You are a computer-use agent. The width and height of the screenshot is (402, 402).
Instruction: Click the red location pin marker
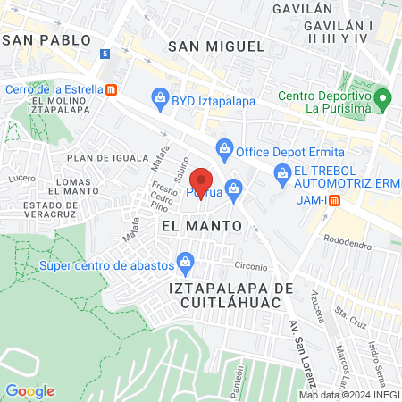201,181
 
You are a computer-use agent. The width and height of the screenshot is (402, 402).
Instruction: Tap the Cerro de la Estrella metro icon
111,89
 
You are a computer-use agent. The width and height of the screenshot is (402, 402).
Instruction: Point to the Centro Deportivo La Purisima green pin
383,96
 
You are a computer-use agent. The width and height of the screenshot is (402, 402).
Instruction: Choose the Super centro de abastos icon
185,261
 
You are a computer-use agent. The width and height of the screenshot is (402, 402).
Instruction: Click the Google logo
29,390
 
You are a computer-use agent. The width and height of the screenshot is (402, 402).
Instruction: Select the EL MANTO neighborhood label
202,226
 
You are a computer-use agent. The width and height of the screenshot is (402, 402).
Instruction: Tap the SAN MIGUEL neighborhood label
216,46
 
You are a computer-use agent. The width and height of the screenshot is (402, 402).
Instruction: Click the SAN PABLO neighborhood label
47,40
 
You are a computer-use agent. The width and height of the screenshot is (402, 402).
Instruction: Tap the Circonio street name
251,265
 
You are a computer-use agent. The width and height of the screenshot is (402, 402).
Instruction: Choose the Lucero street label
21,177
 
